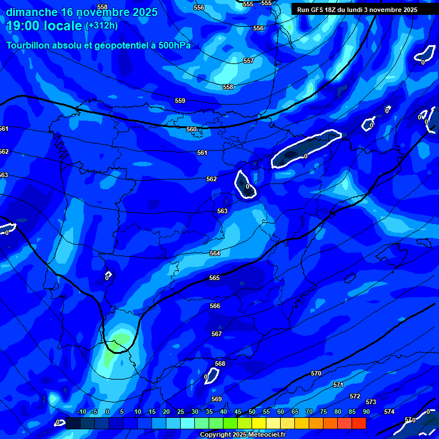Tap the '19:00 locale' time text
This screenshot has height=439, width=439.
[44, 26]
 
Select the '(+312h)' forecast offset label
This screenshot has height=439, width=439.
[101, 26]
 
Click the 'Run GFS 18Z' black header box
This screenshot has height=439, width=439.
[357, 10]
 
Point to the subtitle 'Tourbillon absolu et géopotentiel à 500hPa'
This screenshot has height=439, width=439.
[98, 45]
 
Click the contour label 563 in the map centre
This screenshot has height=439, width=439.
[222, 211]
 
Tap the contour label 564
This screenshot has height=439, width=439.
[215, 253]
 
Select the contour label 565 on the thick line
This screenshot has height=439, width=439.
[214, 278]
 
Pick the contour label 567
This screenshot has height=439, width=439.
[217, 334]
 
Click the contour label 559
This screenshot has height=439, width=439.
[180, 101]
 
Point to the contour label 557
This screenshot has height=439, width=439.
[249, 61]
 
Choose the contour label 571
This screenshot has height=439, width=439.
[338, 385]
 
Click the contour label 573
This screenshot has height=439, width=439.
[371, 402]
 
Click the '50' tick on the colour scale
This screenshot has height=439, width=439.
[252, 412]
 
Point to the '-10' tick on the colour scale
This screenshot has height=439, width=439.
[81, 412]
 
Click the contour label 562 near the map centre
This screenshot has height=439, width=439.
[211, 179]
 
